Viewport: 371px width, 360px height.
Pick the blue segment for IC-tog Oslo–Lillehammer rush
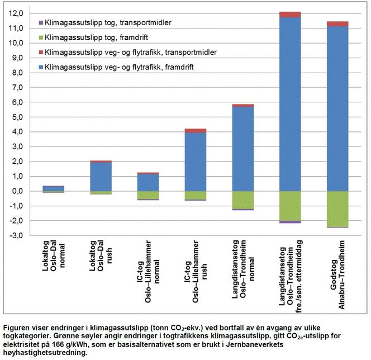(196, 162)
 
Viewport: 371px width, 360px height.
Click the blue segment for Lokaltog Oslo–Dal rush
(101, 177)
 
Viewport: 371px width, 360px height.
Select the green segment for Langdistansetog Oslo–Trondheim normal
(243, 200)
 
